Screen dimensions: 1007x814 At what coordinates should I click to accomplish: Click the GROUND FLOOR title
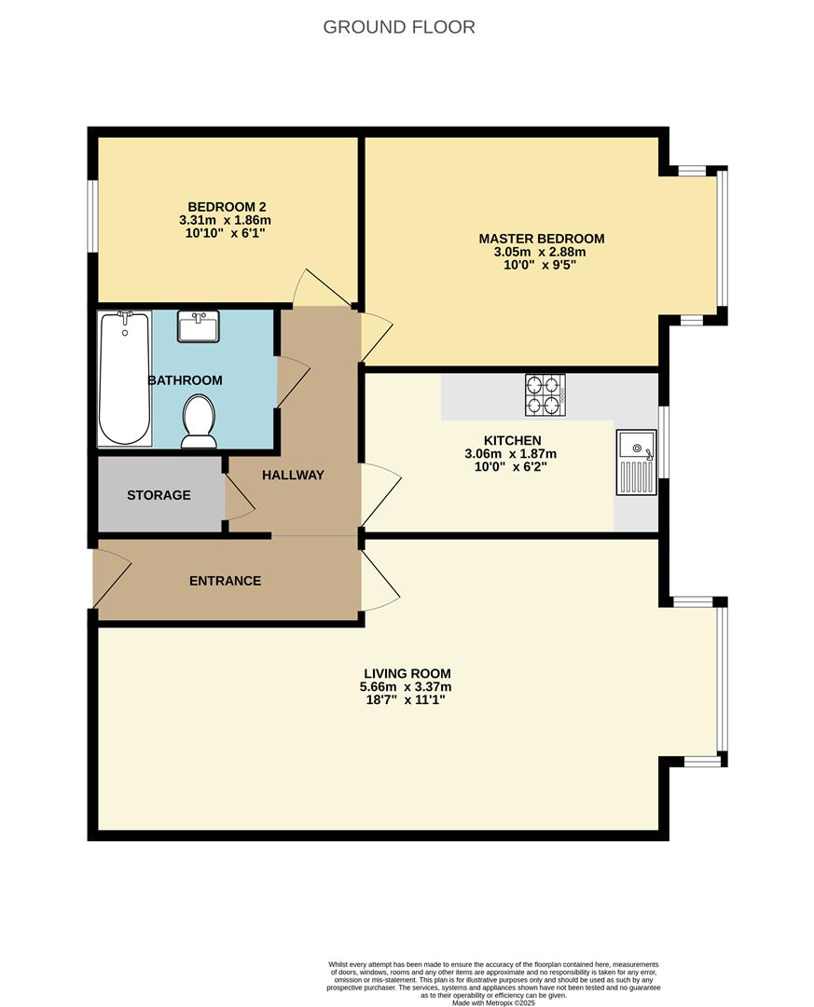pos(399,27)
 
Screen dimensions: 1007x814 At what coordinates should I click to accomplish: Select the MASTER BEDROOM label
pos(542,239)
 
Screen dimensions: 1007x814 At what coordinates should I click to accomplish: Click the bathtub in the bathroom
pos(125,379)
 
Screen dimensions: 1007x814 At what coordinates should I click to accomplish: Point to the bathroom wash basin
pos(198,326)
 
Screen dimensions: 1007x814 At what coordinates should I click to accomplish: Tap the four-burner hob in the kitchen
pos(545,393)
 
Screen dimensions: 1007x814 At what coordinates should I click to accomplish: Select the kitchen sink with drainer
pos(636,462)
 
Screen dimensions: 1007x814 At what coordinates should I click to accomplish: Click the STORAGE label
pos(159,495)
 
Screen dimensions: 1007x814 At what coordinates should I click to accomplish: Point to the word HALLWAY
pos(293,475)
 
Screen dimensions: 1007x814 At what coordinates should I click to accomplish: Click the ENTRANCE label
pos(225,581)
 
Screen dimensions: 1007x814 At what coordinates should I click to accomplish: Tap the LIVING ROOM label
pos(407,673)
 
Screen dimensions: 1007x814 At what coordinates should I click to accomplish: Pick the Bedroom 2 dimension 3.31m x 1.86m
pos(225,220)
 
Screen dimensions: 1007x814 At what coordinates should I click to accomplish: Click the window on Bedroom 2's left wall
pos(93,215)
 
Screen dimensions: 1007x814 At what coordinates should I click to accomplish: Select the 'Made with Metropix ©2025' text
pos(495,1002)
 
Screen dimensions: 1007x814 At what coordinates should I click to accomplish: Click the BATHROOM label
pos(185,380)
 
